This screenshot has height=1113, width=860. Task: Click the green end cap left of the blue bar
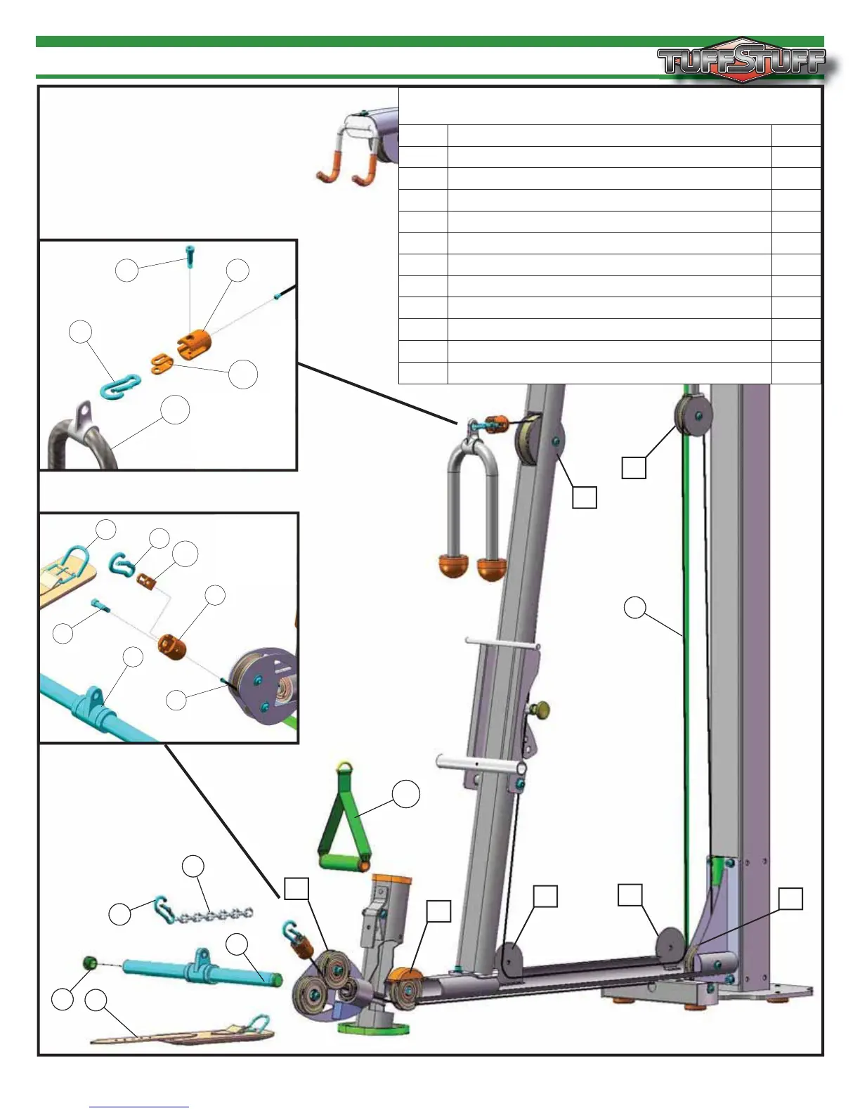point(90,962)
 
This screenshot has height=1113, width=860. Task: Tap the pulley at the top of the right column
point(691,416)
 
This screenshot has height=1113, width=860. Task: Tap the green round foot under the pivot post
point(372,1027)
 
